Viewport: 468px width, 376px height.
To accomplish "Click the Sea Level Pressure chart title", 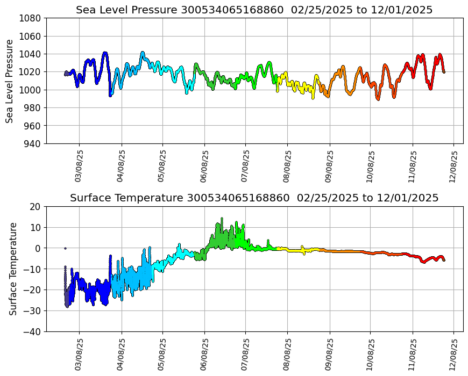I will pos(254,10).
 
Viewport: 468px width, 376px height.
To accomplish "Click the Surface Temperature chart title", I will pos(254,198).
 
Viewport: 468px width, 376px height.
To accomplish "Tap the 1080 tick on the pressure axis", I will pos(31,18).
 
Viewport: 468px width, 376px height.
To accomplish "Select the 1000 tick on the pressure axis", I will pos(31,90).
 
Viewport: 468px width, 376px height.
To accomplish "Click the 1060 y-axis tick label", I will pos(31,37).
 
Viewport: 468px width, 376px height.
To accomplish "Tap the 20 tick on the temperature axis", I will pos(36,207).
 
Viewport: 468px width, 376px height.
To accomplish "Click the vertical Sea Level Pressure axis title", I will pos(10,81).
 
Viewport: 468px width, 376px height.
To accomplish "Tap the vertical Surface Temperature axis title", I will pos(13,269).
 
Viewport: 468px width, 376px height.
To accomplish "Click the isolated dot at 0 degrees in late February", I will pos(65,248).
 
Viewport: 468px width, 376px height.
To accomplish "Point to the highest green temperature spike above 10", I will pos(222,219).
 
